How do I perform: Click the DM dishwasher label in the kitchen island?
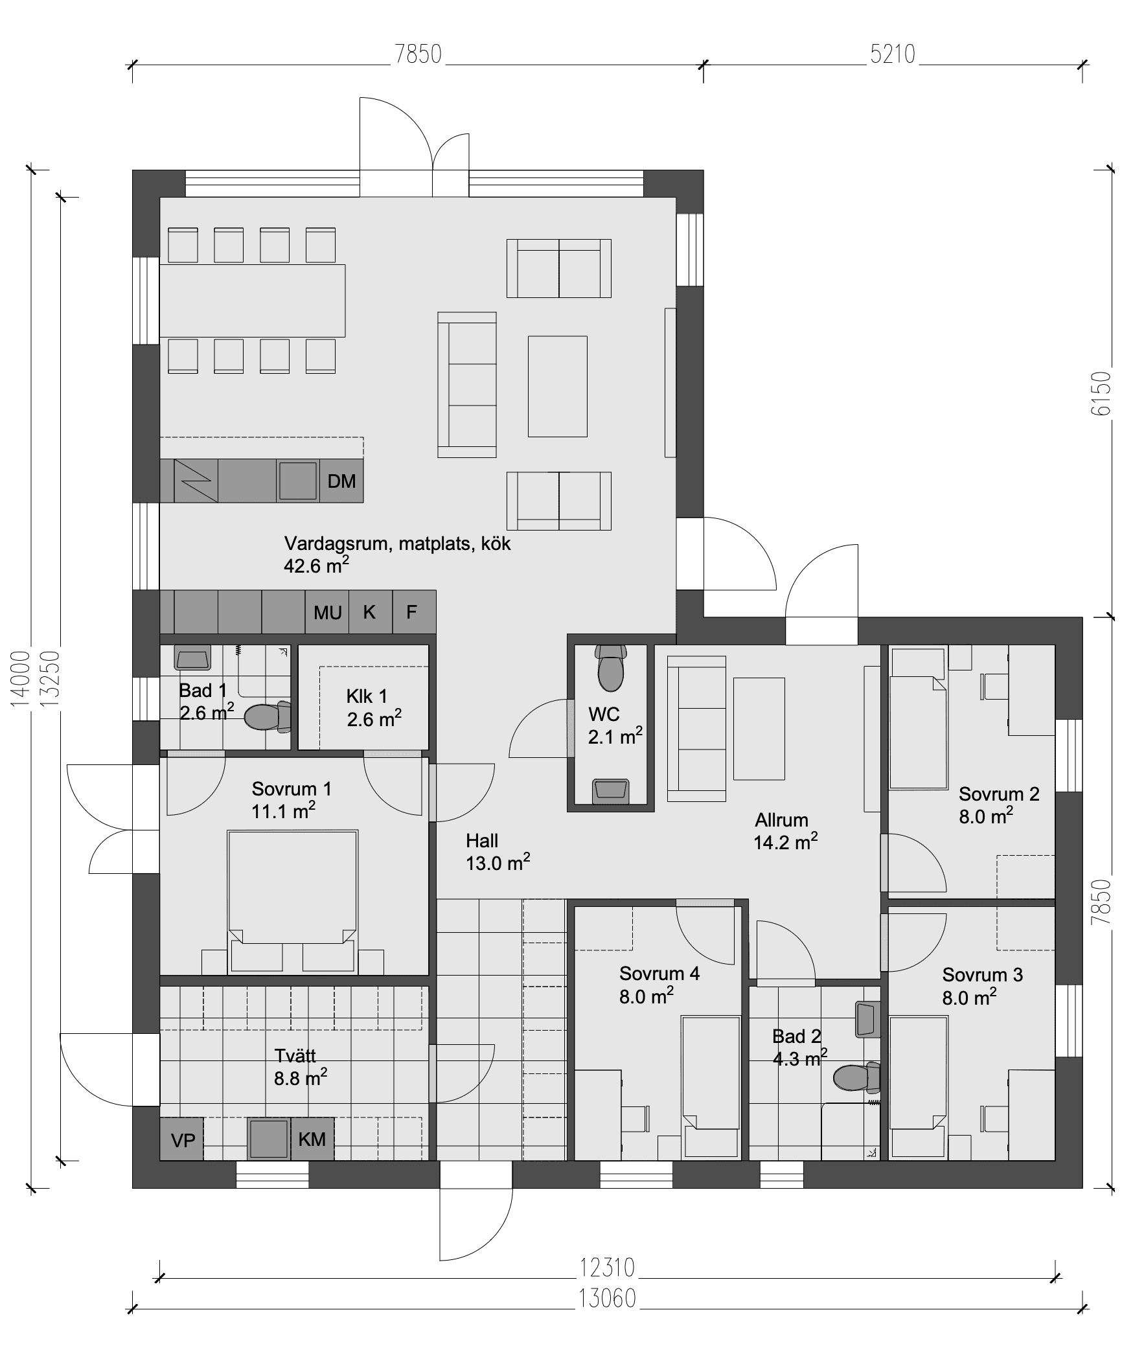coord(341,481)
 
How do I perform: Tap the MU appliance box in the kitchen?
coord(327,612)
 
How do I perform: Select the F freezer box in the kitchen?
coord(414,612)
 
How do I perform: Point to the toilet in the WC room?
coord(611,668)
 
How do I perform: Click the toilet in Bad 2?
coord(856,1077)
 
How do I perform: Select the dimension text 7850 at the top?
coord(418,54)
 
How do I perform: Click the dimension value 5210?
coord(893,54)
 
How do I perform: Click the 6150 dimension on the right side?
coord(1101,394)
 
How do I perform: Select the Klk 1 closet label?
coord(367,696)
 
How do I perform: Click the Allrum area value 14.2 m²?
coord(786,841)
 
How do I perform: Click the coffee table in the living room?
coord(557,386)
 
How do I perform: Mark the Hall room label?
coord(482,841)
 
